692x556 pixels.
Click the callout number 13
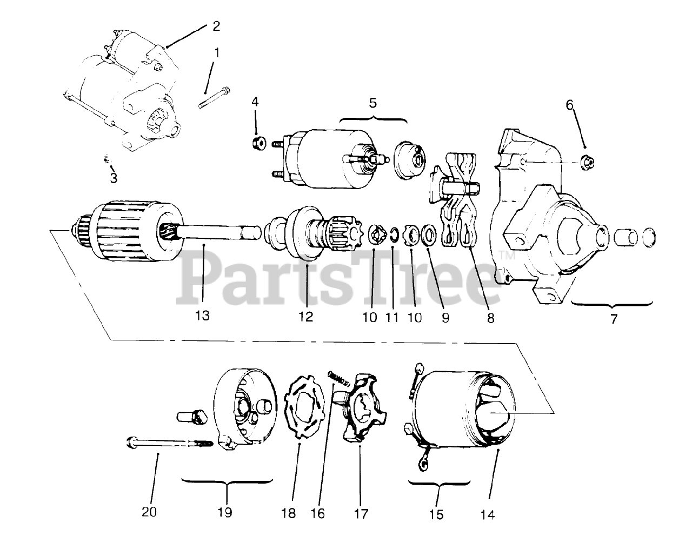(202, 316)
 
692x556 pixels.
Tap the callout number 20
(150, 511)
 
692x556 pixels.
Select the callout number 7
(613, 319)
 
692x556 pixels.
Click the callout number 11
(392, 317)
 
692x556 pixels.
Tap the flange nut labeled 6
(586, 160)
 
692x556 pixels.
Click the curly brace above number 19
(226, 480)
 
